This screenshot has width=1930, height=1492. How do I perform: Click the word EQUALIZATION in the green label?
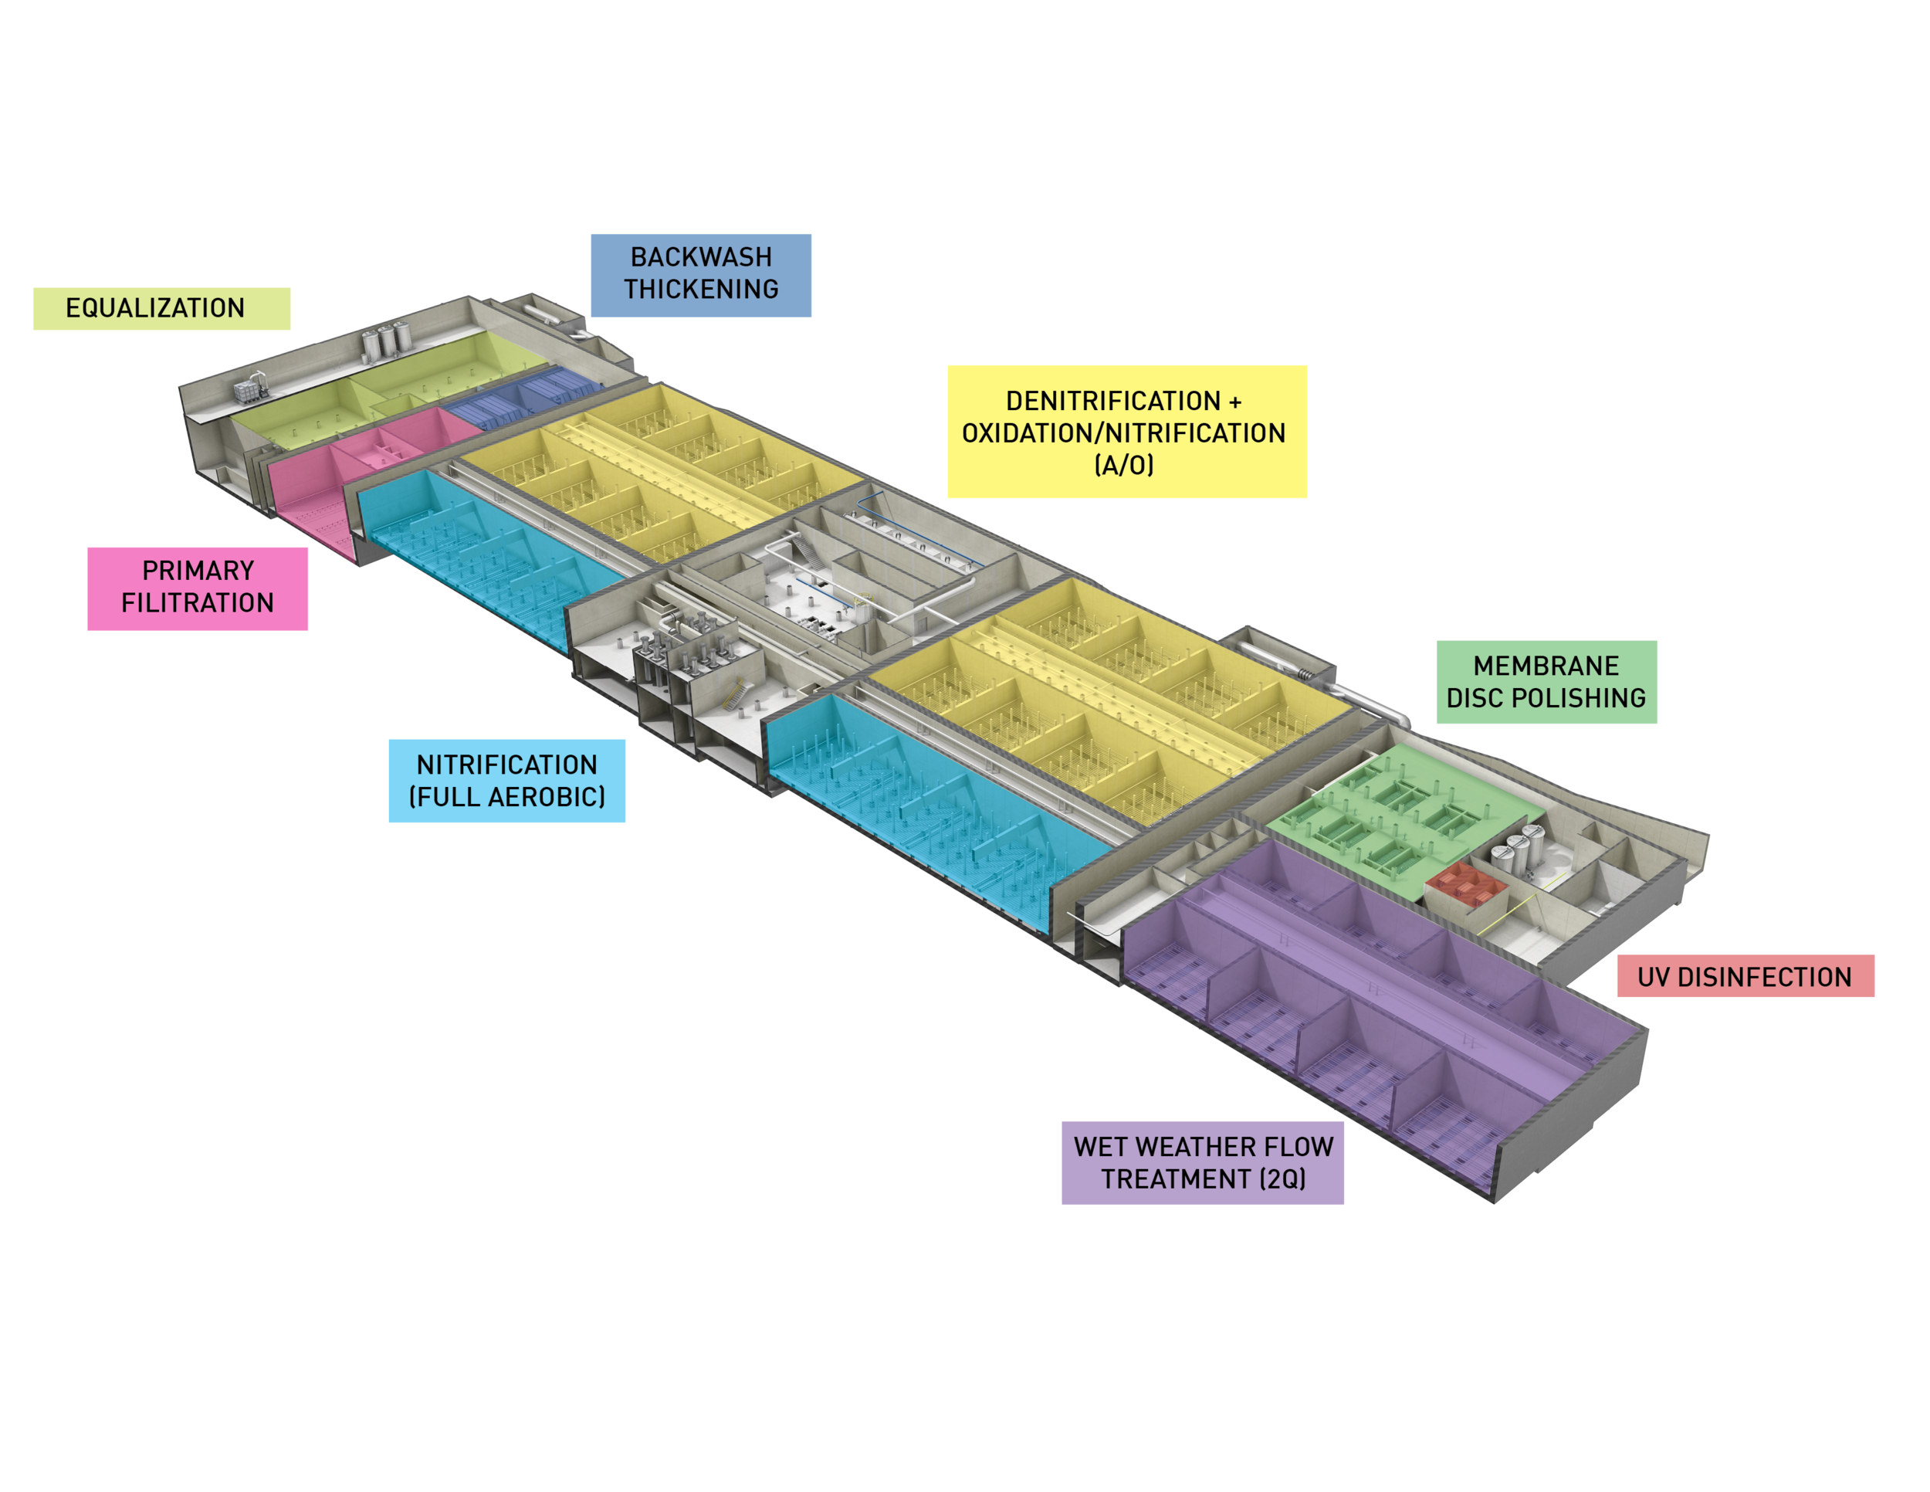pos(154,307)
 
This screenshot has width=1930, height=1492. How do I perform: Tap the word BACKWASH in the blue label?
pos(701,257)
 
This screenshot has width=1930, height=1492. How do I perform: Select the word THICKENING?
pos(701,289)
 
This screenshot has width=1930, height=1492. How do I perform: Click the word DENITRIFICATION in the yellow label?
pos(1112,402)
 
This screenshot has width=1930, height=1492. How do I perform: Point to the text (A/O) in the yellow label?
pos(1124,465)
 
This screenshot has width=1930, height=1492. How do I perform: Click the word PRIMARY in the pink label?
pos(198,571)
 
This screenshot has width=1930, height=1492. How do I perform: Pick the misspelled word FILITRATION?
pos(198,603)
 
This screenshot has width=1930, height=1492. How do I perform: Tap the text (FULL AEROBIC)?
pos(507,796)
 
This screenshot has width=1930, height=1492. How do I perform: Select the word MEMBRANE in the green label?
pos(1546,666)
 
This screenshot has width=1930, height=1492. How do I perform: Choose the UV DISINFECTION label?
pos(1745,977)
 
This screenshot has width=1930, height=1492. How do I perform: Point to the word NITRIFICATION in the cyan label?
pos(507,765)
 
